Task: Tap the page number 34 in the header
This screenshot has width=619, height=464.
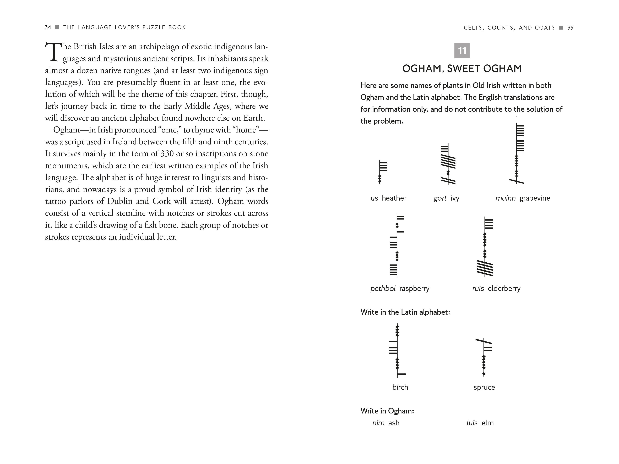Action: coord(48,27)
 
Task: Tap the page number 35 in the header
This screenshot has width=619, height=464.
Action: coord(570,28)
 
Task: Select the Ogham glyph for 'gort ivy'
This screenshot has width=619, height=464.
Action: coord(448,164)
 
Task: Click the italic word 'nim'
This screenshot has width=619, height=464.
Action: coord(378,423)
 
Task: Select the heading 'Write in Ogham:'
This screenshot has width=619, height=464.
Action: coord(387,411)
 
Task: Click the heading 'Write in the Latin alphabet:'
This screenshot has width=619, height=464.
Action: coord(405,312)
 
